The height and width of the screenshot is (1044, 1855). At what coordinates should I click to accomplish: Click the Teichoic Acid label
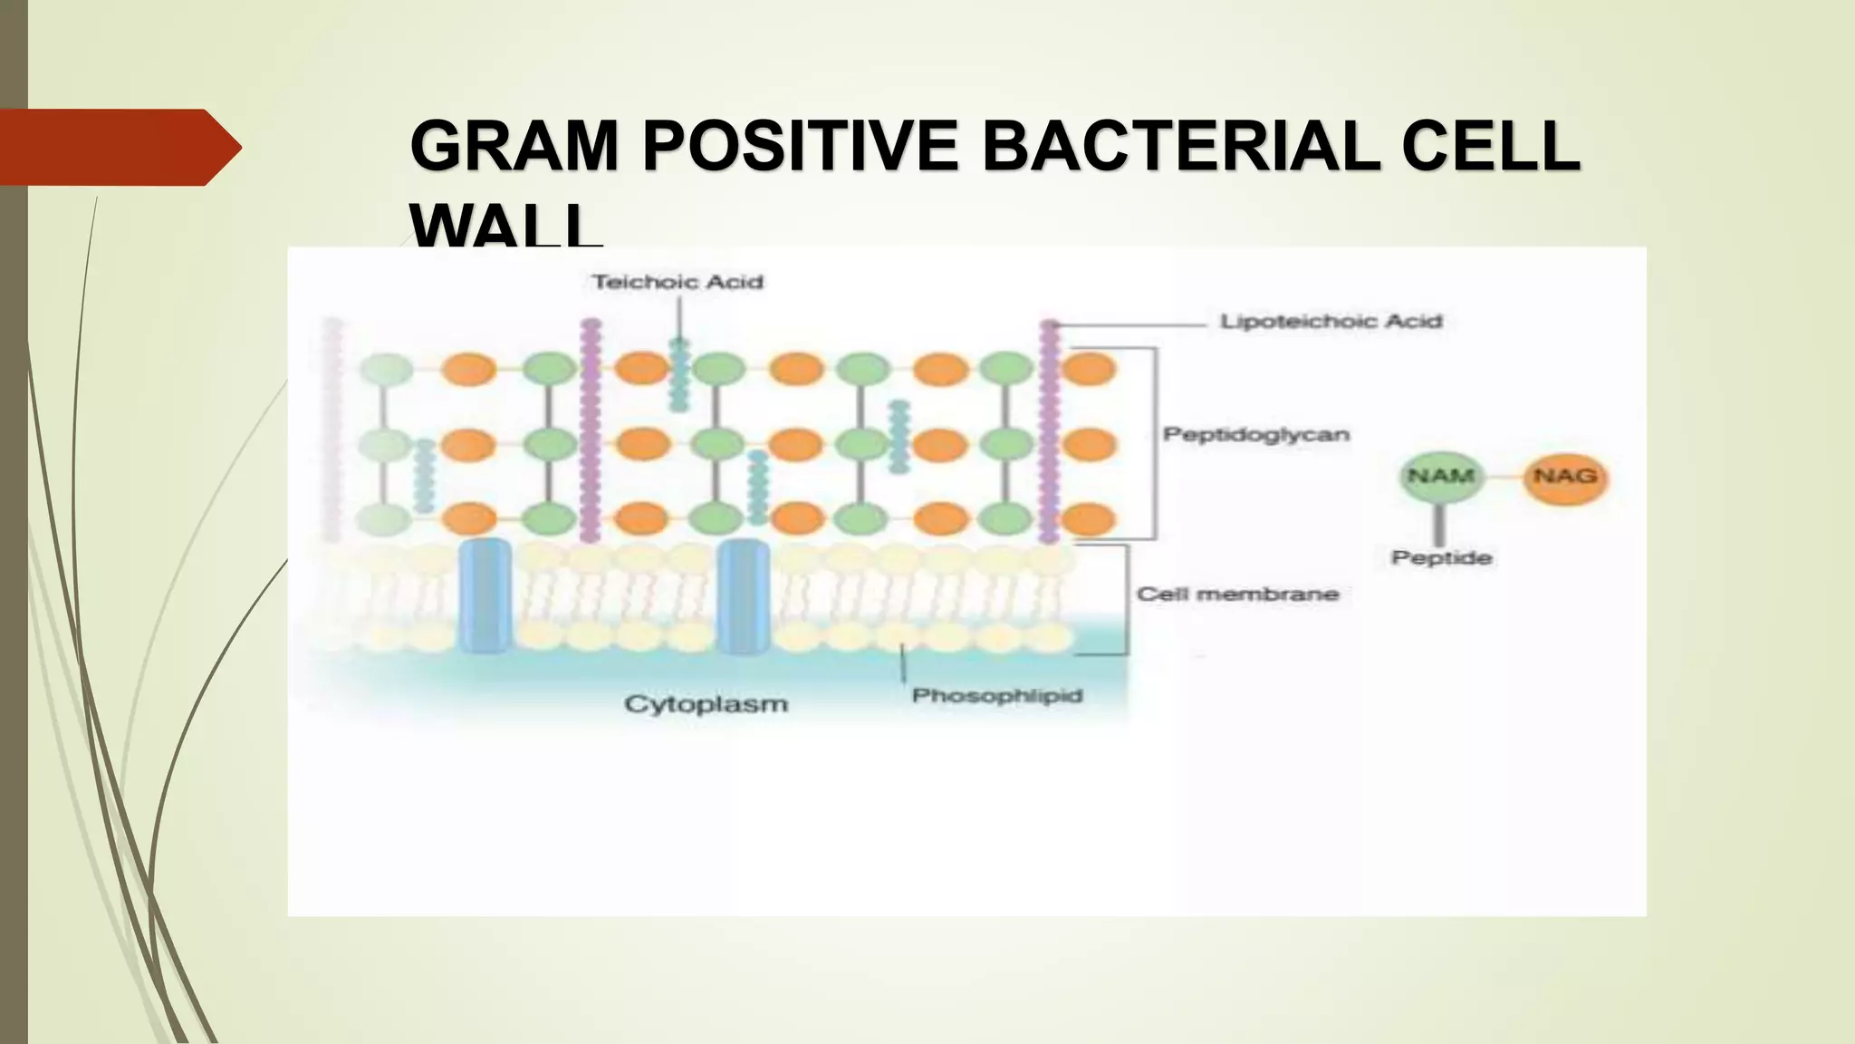point(678,282)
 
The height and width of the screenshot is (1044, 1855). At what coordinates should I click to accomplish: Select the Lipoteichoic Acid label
point(1331,322)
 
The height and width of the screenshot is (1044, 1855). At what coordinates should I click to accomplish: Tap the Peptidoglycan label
point(1256,435)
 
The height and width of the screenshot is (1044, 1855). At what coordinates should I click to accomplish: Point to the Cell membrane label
point(1237,594)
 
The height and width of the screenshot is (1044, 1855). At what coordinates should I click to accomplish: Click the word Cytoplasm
point(706,704)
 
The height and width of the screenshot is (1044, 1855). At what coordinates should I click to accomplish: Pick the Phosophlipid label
point(997,696)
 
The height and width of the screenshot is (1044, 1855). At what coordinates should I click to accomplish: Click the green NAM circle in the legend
point(1440,477)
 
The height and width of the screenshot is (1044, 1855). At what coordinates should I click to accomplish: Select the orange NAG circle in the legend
point(1565,477)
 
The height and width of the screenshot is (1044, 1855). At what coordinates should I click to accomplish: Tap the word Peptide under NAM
point(1441,557)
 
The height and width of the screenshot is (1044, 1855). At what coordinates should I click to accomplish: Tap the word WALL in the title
point(505,227)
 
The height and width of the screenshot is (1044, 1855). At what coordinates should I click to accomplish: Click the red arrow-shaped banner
point(113,147)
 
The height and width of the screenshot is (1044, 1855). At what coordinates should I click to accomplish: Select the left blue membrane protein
point(485,595)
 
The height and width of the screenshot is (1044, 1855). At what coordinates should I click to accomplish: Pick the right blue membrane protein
point(744,595)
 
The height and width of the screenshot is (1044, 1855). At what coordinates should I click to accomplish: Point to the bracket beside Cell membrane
point(1126,599)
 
